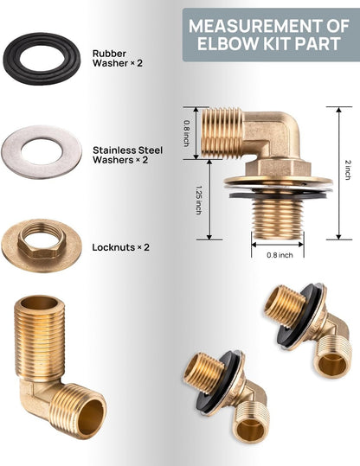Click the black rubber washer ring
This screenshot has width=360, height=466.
[12, 60]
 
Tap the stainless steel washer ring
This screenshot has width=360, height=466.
[12, 152]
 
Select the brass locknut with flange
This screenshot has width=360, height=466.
[42, 246]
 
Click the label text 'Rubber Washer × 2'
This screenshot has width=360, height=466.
[117, 58]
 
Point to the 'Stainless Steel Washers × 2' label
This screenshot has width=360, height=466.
[127, 155]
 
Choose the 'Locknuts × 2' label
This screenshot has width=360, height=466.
[121, 247]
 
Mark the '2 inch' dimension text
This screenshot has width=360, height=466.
[348, 169]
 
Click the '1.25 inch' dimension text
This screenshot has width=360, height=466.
[199, 200]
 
